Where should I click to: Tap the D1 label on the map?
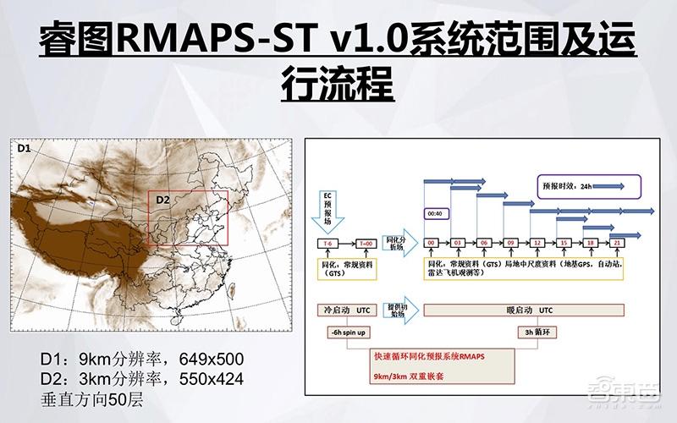[25, 149]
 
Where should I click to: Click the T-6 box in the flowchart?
[326, 242]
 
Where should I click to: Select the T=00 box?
[367, 242]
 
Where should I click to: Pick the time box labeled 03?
[459, 242]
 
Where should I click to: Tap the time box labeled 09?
[511, 242]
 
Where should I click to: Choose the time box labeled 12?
[537, 242]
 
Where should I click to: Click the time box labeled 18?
[590, 242]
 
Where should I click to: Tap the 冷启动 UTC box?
[349, 308]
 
